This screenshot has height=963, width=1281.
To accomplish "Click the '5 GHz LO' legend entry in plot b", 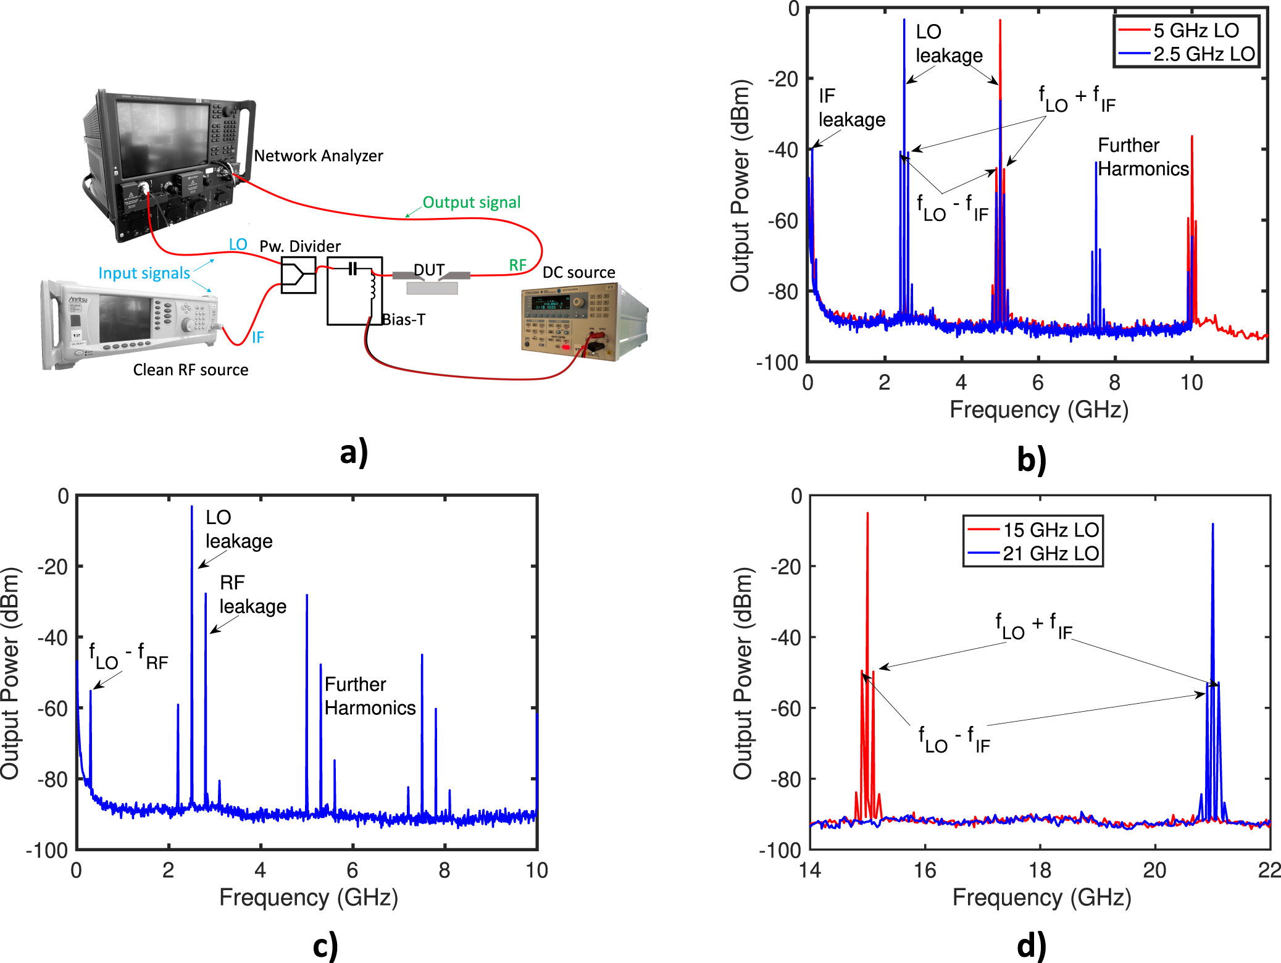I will coord(1195,30).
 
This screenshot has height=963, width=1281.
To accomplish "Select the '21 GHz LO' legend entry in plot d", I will coord(1050,553).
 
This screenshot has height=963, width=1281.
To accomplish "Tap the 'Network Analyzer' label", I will coord(319,156).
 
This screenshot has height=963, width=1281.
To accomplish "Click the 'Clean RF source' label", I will coord(191,370).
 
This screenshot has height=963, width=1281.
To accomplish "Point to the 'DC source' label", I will coord(578,272).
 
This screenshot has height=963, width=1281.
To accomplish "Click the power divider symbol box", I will coord(298,275).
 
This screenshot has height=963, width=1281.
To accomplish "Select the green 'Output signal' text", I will coord(471,202).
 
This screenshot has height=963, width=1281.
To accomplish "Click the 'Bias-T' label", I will coord(404,319).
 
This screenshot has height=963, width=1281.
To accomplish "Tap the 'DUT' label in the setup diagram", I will coord(429,270).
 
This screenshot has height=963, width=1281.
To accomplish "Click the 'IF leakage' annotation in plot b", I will coord(851,108).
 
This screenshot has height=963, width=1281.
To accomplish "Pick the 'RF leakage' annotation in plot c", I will coord(252,594).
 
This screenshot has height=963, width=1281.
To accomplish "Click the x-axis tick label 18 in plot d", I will coord(1040,870).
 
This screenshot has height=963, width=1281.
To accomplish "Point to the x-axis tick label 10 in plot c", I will coord(536,870).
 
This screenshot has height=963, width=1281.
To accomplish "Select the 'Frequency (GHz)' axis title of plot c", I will coord(309,898).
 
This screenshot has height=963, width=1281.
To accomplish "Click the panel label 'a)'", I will coord(354,452).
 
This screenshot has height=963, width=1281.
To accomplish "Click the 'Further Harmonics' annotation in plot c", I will coord(370,696).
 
